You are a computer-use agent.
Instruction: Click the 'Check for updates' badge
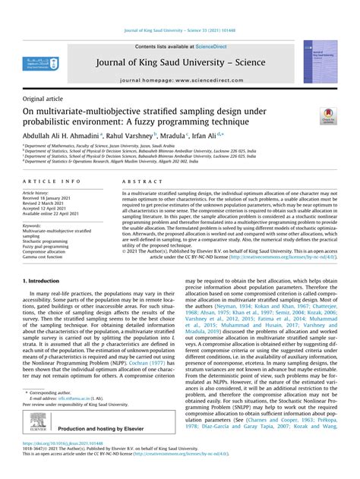[x=327, y=115]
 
